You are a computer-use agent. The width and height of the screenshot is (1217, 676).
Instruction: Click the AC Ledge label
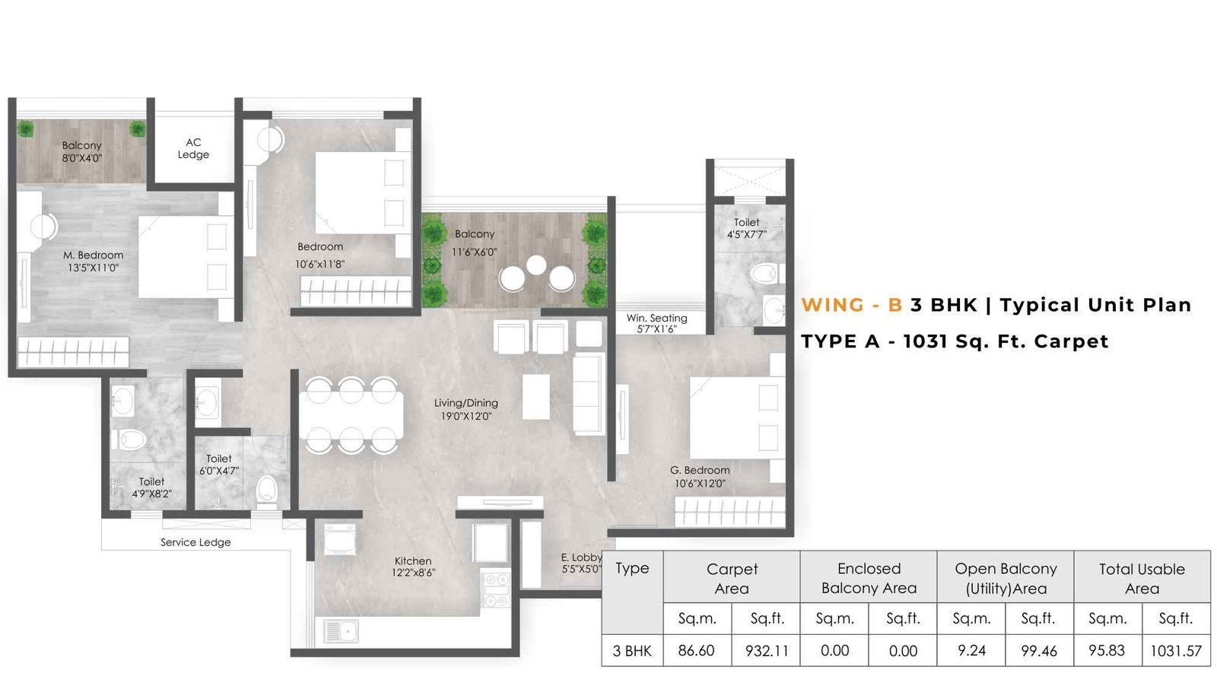(193, 148)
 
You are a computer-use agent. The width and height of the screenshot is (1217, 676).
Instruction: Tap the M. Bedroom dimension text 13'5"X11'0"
(93, 268)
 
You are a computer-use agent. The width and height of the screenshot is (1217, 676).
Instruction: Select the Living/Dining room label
(466, 403)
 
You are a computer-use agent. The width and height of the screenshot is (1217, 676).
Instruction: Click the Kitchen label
(413, 561)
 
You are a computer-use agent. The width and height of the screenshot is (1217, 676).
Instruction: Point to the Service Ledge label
(195, 542)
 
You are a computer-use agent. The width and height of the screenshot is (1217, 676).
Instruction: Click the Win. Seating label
(656, 318)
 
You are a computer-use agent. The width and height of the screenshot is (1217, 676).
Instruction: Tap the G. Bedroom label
(700, 470)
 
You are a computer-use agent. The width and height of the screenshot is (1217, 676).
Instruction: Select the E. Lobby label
(581, 557)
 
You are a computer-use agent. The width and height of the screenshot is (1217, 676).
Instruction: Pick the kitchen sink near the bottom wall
(341, 630)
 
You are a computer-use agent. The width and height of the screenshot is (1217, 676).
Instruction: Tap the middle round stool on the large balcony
(536, 265)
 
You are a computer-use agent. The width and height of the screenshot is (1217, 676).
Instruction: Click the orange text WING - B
(851, 305)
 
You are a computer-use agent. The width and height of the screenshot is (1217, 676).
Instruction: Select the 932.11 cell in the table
(767, 651)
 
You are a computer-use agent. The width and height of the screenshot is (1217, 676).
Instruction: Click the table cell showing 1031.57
(1176, 651)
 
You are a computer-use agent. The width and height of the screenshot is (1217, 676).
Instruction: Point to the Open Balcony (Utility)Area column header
(1006, 578)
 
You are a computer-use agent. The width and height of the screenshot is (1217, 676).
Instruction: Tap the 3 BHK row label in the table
(632, 651)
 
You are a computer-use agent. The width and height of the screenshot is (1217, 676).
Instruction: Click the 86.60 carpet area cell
(696, 651)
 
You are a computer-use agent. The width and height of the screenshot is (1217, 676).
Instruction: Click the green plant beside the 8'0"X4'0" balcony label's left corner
(26, 129)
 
